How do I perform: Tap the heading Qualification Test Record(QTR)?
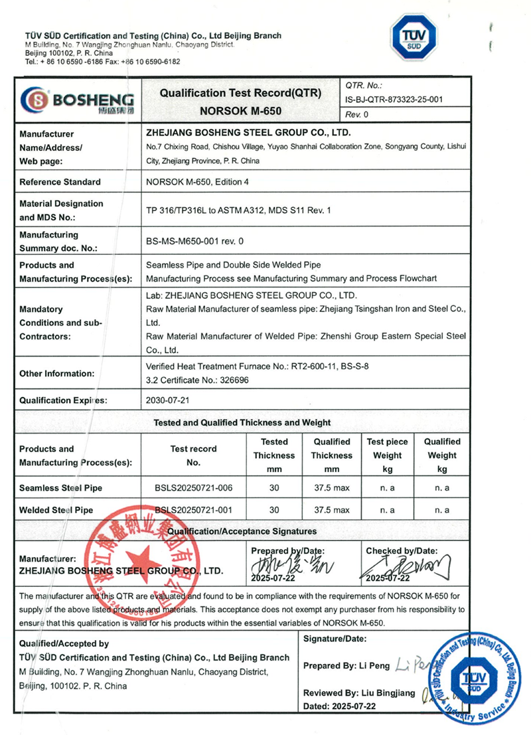tap(240, 94)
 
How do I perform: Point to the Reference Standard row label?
tap(60, 182)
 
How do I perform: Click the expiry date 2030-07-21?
tap(166, 400)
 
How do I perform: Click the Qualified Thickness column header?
tap(332, 455)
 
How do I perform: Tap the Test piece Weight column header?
tap(387, 455)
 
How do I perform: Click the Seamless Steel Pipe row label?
tap(61, 489)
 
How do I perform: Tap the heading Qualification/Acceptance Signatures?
tap(242, 531)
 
